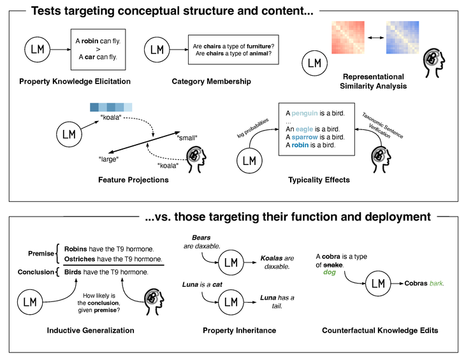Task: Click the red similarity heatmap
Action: coord(348,38)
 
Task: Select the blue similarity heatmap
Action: coord(402,38)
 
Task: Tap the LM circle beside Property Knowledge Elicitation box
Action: coord(38,50)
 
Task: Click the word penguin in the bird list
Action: coord(305,113)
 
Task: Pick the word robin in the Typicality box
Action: coord(300,145)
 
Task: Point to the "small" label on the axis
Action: coord(187,138)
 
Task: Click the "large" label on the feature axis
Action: coord(108,159)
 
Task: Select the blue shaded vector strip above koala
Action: coord(111,107)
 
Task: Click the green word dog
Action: coord(330,273)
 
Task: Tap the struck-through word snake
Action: coord(333,265)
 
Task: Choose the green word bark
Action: coord(437,284)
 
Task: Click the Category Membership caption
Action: coord(212,82)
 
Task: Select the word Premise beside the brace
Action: coord(41,254)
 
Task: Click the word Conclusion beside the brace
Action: coord(36,272)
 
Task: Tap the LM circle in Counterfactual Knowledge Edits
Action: coord(378,284)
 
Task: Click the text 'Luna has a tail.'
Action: coord(277,302)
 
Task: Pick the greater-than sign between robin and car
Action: coord(98,49)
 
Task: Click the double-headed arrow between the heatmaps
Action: coord(375,38)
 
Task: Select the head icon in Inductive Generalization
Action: coord(154,301)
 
